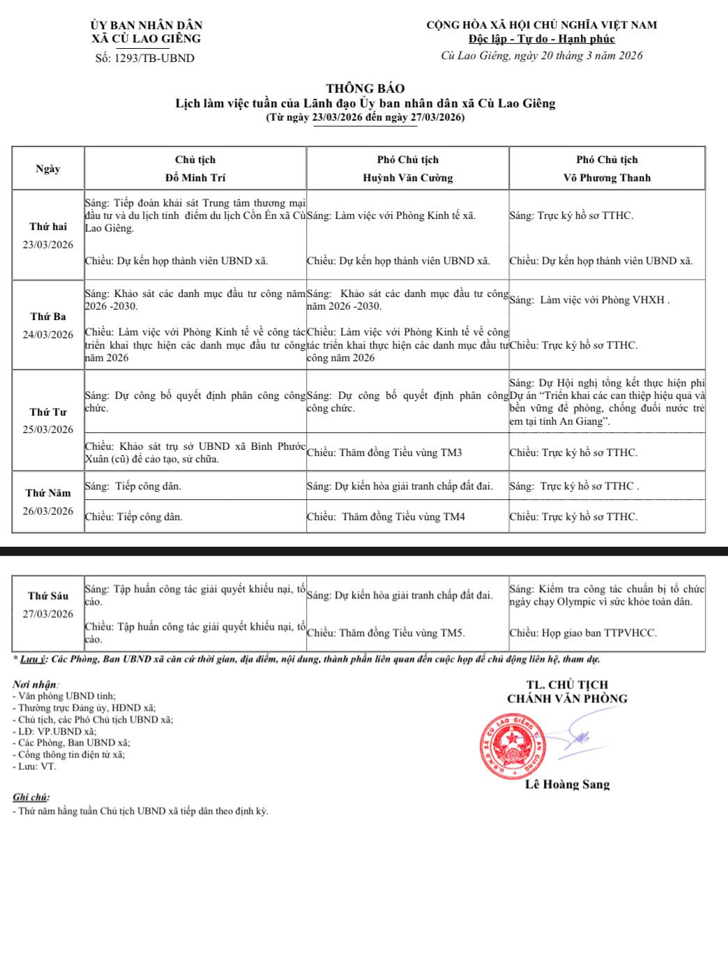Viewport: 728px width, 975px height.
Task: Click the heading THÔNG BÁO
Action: pyautogui.click(x=365, y=89)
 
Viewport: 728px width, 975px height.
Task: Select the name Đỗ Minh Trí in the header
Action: pyautogui.click(x=195, y=178)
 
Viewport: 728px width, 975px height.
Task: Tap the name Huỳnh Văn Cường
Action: pyautogui.click(x=407, y=178)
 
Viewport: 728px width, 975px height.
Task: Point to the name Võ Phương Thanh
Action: pyautogui.click(x=607, y=178)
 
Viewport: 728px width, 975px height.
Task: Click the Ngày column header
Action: pyautogui.click(x=48, y=169)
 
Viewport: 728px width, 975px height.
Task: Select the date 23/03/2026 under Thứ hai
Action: pyautogui.click(x=48, y=245)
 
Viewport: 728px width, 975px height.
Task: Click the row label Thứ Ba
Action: pyautogui.click(x=48, y=317)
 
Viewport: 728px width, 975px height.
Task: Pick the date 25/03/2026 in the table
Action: pyautogui.click(x=48, y=430)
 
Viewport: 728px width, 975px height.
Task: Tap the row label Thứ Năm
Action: pyautogui.click(x=48, y=493)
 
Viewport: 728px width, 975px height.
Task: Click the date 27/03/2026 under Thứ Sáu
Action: pyautogui.click(x=48, y=614)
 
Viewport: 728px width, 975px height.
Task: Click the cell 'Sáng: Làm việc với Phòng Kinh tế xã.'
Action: pyautogui.click(x=391, y=216)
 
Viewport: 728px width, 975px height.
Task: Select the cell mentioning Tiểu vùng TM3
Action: pyautogui.click(x=384, y=453)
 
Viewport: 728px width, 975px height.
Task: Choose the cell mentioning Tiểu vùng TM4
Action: pyautogui.click(x=386, y=517)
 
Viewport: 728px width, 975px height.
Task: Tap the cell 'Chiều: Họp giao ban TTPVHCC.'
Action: pyautogui.click(x=583, y=633)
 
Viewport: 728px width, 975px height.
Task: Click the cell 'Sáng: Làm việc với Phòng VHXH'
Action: pyautogui.click(x=590, y=301)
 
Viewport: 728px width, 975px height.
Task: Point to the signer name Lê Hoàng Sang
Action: pyautogui.click(x=567, y=785)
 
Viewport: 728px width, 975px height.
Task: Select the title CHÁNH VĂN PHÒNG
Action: pyautogui.click(x=567, y=699)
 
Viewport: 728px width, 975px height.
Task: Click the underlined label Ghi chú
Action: pyautogui.click(x=31, y=797)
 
